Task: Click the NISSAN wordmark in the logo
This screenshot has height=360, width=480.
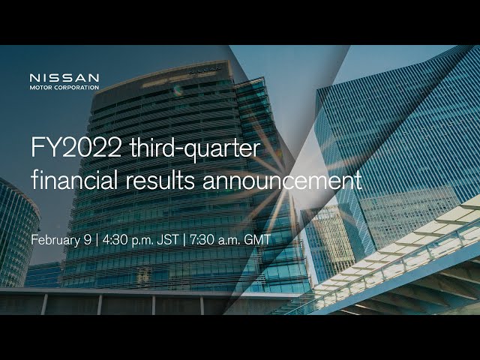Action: coord(64,78)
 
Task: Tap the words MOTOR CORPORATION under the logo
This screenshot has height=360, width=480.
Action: coord(64,88)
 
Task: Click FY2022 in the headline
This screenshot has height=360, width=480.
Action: coord(76,148)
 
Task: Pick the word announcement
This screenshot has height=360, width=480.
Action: coord(282,181)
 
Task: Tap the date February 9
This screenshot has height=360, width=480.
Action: coord(61,240)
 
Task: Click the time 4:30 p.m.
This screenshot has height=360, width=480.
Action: coord(127,240)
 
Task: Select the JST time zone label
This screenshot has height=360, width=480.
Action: coord(168,239)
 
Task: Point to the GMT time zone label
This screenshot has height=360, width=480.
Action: coord(257,239)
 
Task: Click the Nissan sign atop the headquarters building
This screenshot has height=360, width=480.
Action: coord(205,70)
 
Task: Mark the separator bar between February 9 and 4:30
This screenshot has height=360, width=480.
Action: coord(97,240)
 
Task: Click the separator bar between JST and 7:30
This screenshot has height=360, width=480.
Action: coord(184,240)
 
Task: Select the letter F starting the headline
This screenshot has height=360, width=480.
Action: coord(37,148)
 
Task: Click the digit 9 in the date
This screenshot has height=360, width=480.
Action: coord(88,239)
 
